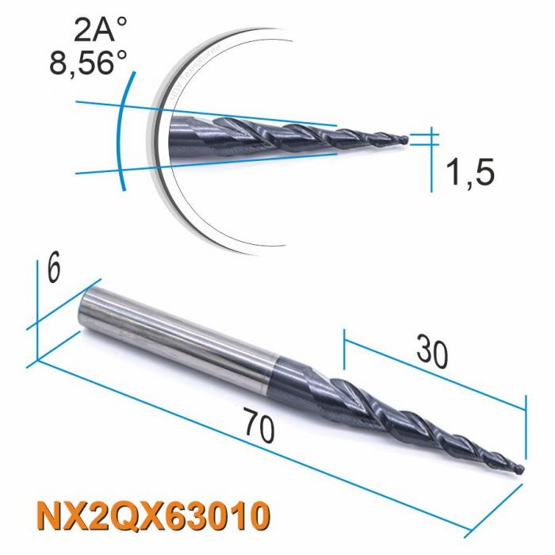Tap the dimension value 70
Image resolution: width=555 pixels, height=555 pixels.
260,429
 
